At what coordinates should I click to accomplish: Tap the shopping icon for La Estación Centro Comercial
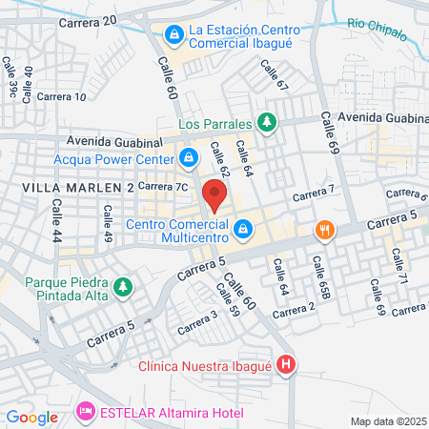pos(174,36)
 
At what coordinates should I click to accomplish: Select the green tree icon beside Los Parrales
pos(268,123)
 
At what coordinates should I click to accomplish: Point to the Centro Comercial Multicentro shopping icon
pos(244,230)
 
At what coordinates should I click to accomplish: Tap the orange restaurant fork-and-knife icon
pos(325,230)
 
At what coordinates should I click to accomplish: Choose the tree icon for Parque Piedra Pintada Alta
pos(121,286)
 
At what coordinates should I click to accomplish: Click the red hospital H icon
pos(287,366)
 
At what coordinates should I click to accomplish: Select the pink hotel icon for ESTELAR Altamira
pos(84,412)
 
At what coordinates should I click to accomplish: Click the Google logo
pos(31,417)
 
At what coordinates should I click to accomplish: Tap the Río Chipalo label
pos(377,29)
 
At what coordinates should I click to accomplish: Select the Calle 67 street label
pos(275,76)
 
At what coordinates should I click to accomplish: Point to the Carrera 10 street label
pos(64,96)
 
